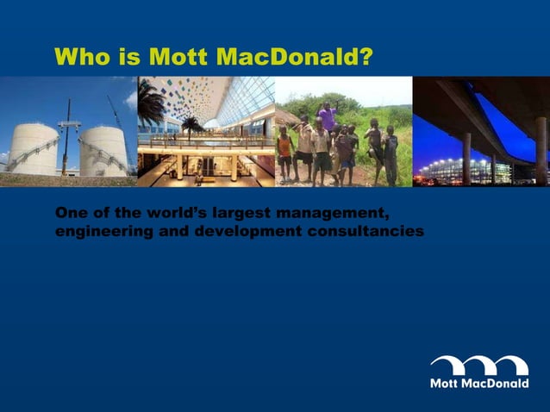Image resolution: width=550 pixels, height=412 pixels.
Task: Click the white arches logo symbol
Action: (x=479, y=365)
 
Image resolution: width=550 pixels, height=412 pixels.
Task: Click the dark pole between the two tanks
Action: (x=66, y=138)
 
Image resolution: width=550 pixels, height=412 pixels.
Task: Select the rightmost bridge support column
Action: (x=541, y=150)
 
